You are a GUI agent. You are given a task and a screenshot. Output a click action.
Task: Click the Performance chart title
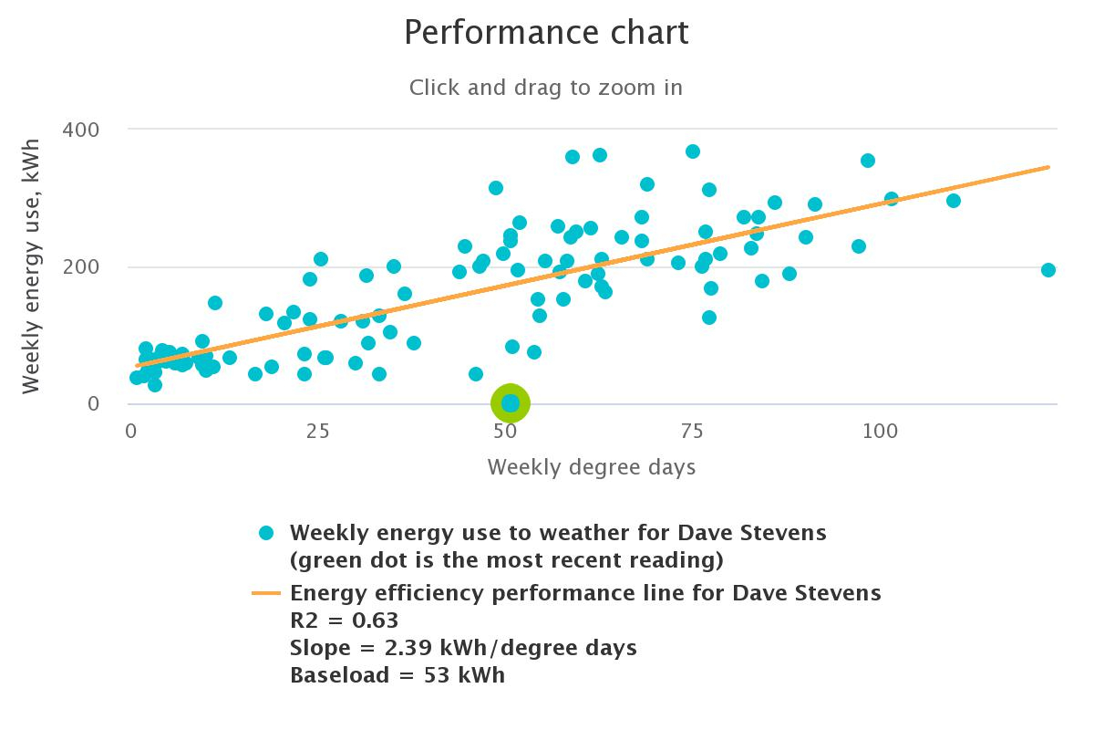[x=546, y=33]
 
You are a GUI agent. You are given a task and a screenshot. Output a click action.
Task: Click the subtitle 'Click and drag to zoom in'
[x=545, y=88]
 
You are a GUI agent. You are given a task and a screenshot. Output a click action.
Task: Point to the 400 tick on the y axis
[x=80, y=130]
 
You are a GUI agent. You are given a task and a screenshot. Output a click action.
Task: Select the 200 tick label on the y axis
[x=80, y=266]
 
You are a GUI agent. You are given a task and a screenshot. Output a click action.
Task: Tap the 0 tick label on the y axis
[x=93, y=403]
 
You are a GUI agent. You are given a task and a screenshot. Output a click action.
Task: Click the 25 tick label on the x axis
[x=317, y=431]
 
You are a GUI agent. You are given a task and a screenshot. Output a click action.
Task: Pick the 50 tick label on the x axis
[x=504, y=431]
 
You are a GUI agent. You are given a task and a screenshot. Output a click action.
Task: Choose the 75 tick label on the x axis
[x=691, y=431]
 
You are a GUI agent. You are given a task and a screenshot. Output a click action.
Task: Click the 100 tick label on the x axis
[x=879, y=431]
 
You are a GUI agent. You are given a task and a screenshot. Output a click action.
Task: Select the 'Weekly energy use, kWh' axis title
[x=32, y=266]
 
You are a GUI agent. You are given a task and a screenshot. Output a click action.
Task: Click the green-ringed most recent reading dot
[x=511, y=402]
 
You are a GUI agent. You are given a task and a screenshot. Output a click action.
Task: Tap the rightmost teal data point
[x=1048, y=270]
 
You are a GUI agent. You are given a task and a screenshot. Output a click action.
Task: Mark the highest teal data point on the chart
[x=693, y=151]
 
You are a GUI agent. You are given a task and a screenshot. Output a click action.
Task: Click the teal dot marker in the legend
[x=266, y=532]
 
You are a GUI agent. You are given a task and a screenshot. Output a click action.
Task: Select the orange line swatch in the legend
[x=266, y=593]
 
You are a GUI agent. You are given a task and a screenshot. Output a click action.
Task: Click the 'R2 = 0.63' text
[x=344, y=620]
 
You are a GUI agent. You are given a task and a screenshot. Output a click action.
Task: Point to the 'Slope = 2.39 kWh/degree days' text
[x=463, y=648]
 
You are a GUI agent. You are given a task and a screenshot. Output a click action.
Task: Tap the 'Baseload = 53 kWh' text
[x=397, y=675]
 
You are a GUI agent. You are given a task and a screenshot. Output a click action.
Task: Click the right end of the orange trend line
[x=1048, y=167]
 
